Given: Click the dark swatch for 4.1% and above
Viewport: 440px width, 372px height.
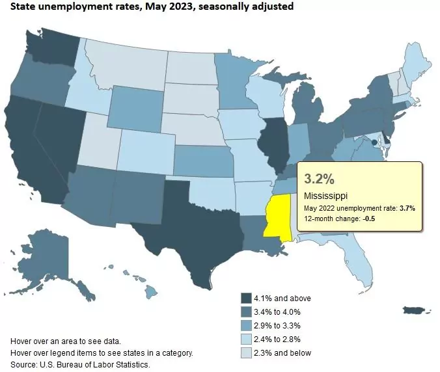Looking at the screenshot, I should click(x=247, y=298).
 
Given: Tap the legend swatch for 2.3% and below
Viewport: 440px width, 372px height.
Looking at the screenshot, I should click(x=247, y=352).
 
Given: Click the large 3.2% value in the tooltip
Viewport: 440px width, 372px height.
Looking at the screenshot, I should click(x=318, y=178).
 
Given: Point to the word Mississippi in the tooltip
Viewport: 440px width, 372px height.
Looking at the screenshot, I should click(x=325, y=196).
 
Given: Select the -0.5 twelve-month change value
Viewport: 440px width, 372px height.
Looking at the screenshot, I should click(x=368, y=219).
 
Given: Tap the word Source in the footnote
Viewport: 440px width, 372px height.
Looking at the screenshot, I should click(x=24, y=364).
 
